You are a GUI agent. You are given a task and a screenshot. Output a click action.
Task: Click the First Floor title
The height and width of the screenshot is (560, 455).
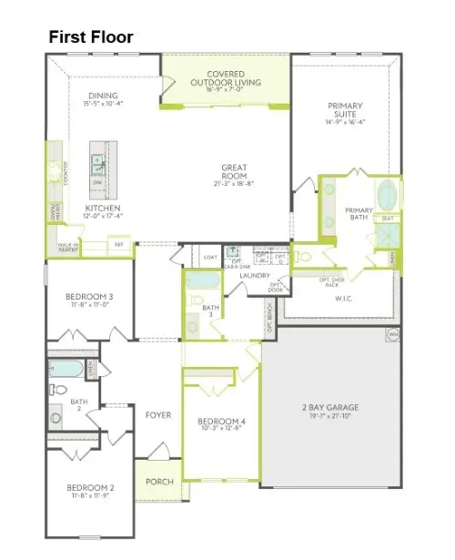click(90, 37)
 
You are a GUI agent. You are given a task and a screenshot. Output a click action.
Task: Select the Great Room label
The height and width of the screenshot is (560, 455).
click(234, 172)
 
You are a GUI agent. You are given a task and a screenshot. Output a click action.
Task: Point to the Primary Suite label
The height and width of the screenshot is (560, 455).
click(346, 111)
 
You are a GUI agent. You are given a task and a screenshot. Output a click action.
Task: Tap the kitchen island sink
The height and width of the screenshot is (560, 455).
click(97, 163)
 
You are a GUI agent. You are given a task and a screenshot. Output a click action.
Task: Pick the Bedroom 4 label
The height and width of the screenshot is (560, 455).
click(222, 422)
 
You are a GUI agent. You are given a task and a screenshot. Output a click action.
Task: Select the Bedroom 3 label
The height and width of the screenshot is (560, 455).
click(89, 297)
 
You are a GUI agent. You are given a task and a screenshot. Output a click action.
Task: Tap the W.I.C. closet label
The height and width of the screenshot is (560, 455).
click(343, 298)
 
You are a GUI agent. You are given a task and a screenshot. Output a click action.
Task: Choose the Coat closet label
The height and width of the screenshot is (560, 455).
click(209, 259)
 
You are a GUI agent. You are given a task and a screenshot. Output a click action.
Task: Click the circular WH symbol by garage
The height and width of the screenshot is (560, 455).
click(392, 334)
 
